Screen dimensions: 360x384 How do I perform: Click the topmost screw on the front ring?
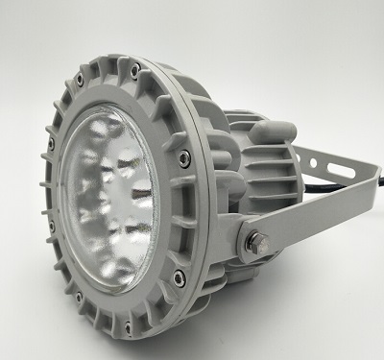(x=135, y=66)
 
